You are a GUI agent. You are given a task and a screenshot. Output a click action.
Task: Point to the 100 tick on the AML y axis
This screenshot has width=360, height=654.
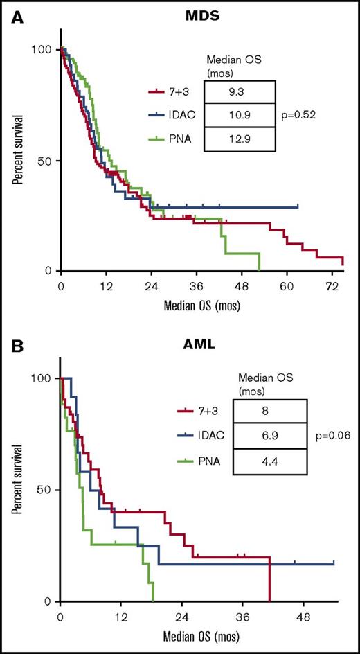pyautogui.click(x=42, y=378)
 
